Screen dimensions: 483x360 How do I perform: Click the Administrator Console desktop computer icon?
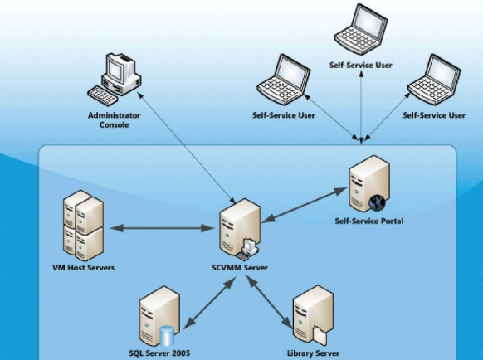tap(115, 80)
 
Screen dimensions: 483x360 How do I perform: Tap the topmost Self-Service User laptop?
tap(360, 30)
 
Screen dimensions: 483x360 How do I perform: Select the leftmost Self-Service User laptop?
tap(283, 80)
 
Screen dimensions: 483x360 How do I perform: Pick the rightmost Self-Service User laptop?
tap(434, 80)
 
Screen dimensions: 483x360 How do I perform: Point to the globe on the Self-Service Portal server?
tap(378, 202)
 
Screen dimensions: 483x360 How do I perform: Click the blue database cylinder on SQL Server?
tap(167, 336)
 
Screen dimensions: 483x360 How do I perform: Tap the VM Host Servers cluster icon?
tap(83, 226)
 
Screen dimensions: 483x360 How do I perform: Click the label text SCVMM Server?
tap(240, 268)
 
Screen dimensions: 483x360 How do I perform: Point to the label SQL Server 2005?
tap(159, 353)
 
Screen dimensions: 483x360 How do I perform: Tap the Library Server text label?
tap(313, 353)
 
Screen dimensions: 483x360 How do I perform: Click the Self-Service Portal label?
tap(369, 221)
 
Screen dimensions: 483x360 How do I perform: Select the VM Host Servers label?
tap(84, 268)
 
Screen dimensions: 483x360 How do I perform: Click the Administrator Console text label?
tap(115, 120)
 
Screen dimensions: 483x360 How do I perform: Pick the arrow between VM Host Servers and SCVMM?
tap(162, 228)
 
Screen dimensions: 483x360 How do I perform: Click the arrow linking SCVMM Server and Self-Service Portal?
tap(305, 205)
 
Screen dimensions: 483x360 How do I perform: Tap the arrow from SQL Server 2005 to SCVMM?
tap(210, 302)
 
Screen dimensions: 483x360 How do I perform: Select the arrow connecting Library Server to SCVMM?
tap(269, 301)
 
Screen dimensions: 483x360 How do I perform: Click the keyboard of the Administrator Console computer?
tap(103, 95)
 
